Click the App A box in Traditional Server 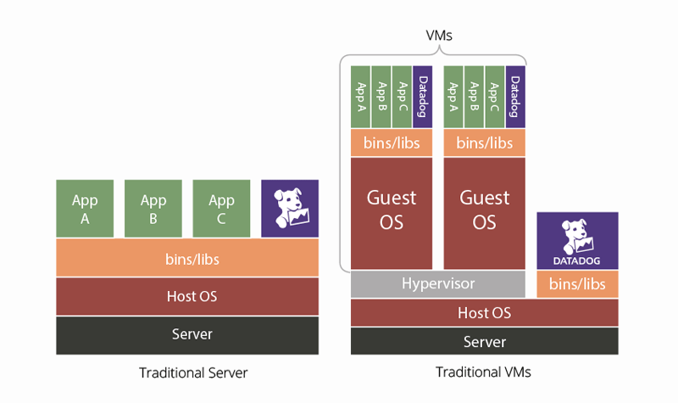(85, 208)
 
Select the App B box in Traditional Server (153, 208)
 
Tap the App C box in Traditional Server (221, 208)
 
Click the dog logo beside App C (290, 208)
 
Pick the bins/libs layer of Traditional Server (187, 258)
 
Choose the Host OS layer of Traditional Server (187, 296)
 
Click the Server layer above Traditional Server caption (187, 334)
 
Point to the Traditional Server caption (194, 372)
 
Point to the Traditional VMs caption (483, 372)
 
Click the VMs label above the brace (438, 36)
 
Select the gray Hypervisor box (437, 283)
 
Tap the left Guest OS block (391, 210)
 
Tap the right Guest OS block (484, 210)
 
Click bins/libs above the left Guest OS (391, 143)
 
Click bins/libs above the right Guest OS (484, 143)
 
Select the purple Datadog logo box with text (577, 241)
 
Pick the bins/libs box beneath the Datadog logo (577, 284)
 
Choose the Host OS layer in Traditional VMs (484, 312)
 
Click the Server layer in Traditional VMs (484, 341)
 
